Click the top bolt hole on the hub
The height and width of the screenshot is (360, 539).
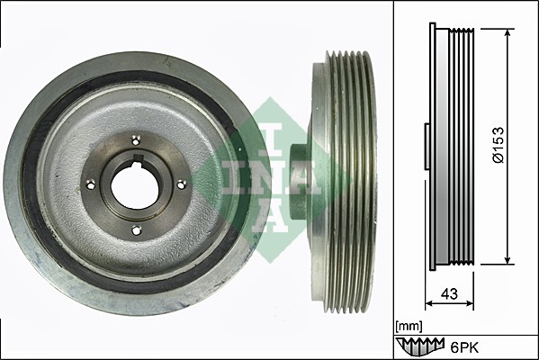(x=136, y=140)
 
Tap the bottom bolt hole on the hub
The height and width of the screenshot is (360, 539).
(x=137, y=230)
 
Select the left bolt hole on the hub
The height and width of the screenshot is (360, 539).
(x=90, y=185)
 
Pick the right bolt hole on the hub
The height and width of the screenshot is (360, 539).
(x=181, y=185)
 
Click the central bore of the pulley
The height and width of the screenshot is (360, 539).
(x=135, y=185)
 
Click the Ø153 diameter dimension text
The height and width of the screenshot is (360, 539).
(x=499, y=145)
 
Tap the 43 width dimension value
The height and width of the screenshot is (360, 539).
(x=450, y=294)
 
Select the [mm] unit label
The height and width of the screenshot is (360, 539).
(x=409, y=326)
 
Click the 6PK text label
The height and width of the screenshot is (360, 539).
(x=464, y=348)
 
